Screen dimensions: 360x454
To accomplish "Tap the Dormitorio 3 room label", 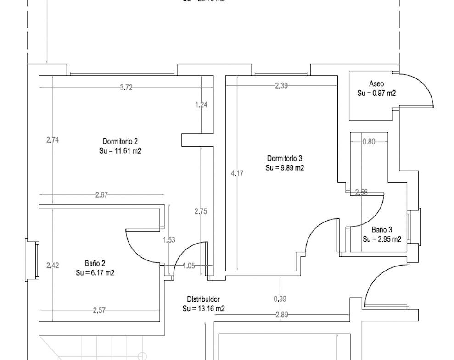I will (x=285, y=158).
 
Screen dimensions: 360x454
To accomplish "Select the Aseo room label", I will (x=376, y=84).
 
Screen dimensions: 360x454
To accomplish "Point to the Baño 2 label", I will (x=95, y=263).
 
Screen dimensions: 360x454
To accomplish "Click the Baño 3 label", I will (x=382, y=230).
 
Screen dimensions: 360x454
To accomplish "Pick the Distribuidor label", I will (x=203, y=299).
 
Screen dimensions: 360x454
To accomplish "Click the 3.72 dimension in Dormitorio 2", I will (x=126, y=88).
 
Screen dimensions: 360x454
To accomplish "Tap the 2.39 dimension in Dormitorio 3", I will (x=281, y=85).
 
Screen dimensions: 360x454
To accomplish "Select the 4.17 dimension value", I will (x=237, y=173).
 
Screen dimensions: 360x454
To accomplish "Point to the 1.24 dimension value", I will (x=201, y=105).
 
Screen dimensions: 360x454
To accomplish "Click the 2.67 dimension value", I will (x=101, y=195).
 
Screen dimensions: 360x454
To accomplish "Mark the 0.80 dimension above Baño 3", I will (x=369, y=142).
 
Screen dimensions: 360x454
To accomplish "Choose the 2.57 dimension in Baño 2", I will (x=99, y=310).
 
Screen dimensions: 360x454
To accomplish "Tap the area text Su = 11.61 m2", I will (x=120, y=150).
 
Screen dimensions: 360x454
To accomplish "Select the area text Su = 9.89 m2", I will (x=285, y=168).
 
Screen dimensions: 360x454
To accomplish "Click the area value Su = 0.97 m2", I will (x=376, y=93).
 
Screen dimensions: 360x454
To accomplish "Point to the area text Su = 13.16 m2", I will (x=203, y=309).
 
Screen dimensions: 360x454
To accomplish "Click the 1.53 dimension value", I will (x=169, y=239).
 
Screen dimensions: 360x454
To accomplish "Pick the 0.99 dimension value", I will (x=280, y=299).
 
